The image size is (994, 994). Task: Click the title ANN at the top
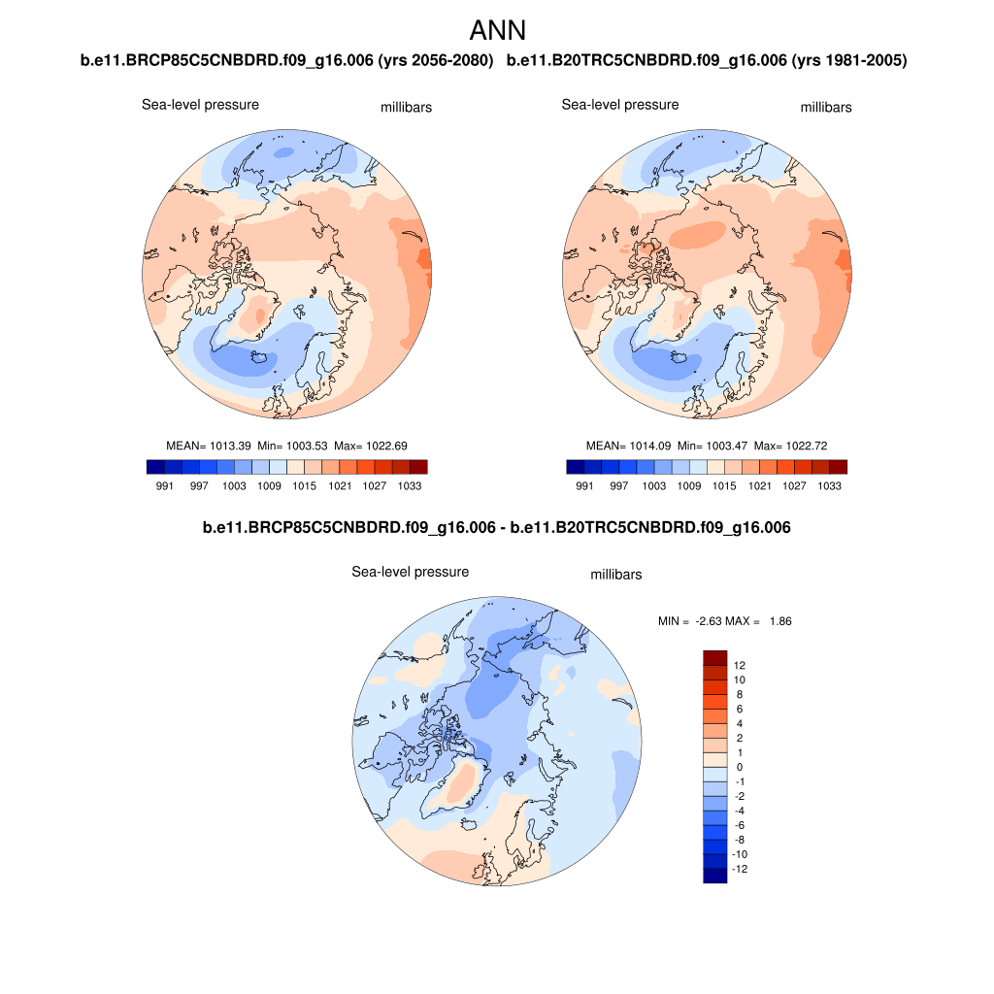497,30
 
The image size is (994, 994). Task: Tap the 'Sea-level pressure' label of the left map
200,105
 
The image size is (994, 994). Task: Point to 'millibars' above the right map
825,108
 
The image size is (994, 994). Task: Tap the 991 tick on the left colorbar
164,485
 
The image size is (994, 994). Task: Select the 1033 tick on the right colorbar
829,485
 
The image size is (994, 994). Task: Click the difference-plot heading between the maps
497,528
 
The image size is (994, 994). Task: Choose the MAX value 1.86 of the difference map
779,621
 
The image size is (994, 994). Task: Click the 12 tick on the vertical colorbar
740,666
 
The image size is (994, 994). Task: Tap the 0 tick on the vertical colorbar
740,767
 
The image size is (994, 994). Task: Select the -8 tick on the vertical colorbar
740,840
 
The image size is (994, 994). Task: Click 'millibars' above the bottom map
615,575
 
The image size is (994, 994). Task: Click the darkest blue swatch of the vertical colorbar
714,876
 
